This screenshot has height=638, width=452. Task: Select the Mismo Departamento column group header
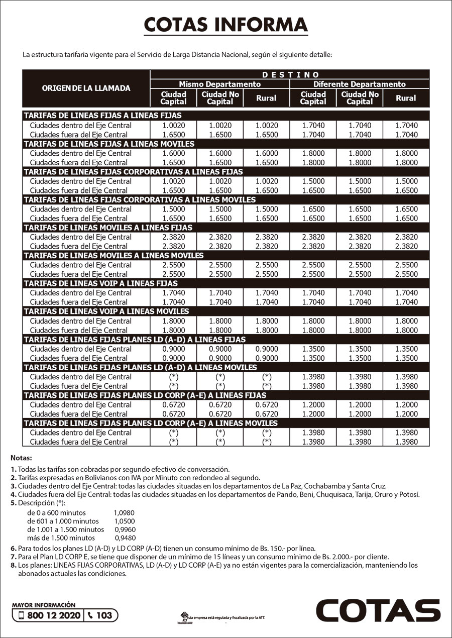tap(220, 84)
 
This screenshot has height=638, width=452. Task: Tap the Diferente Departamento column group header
tap(360, 84)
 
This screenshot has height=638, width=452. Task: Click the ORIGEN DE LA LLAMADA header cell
tap(86, 88)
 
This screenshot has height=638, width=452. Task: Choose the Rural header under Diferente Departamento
tap(406, 98)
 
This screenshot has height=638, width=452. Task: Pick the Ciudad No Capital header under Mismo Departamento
tap(220, 98)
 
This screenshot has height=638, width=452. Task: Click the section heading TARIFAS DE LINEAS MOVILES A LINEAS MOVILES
tap(114, 256)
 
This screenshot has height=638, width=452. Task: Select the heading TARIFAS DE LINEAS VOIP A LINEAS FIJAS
tap(101, 283)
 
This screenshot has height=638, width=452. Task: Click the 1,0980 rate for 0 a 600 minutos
tap(125, 513)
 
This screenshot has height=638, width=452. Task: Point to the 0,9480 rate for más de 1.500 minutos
tap(125, 538)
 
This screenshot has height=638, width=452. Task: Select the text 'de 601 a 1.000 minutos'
tap(63, 521)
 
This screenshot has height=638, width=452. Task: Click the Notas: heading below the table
tap(21, 458)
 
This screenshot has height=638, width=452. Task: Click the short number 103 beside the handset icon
tap(104, 615)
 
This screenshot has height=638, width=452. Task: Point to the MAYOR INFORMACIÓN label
tap(44, 605)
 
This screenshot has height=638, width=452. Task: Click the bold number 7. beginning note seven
tap(14, 557)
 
